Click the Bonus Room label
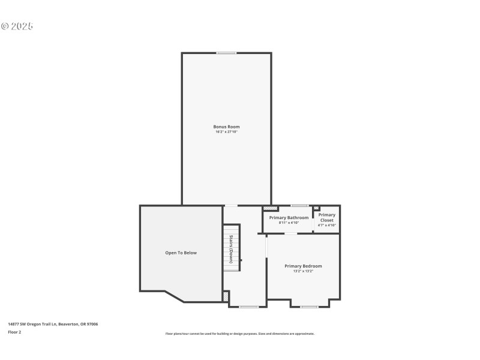(226, 127)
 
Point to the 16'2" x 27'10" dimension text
(226, 131)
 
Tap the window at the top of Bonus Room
(226, 53)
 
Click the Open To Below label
(181, 253)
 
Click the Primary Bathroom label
(289, 218)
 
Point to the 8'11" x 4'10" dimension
(289, 223)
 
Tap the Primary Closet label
(327, 217)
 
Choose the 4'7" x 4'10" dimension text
(327, 225)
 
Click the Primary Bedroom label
(303, 266)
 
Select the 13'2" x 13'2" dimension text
(303, 271)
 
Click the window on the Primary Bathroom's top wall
(299, 206)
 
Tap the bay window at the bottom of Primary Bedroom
(310, 307)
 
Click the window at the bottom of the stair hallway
(248, 307)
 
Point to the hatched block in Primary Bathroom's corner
(266, 208)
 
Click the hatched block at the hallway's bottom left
(226, 296)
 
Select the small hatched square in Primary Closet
(316, 208)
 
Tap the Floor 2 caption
(14, 332)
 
